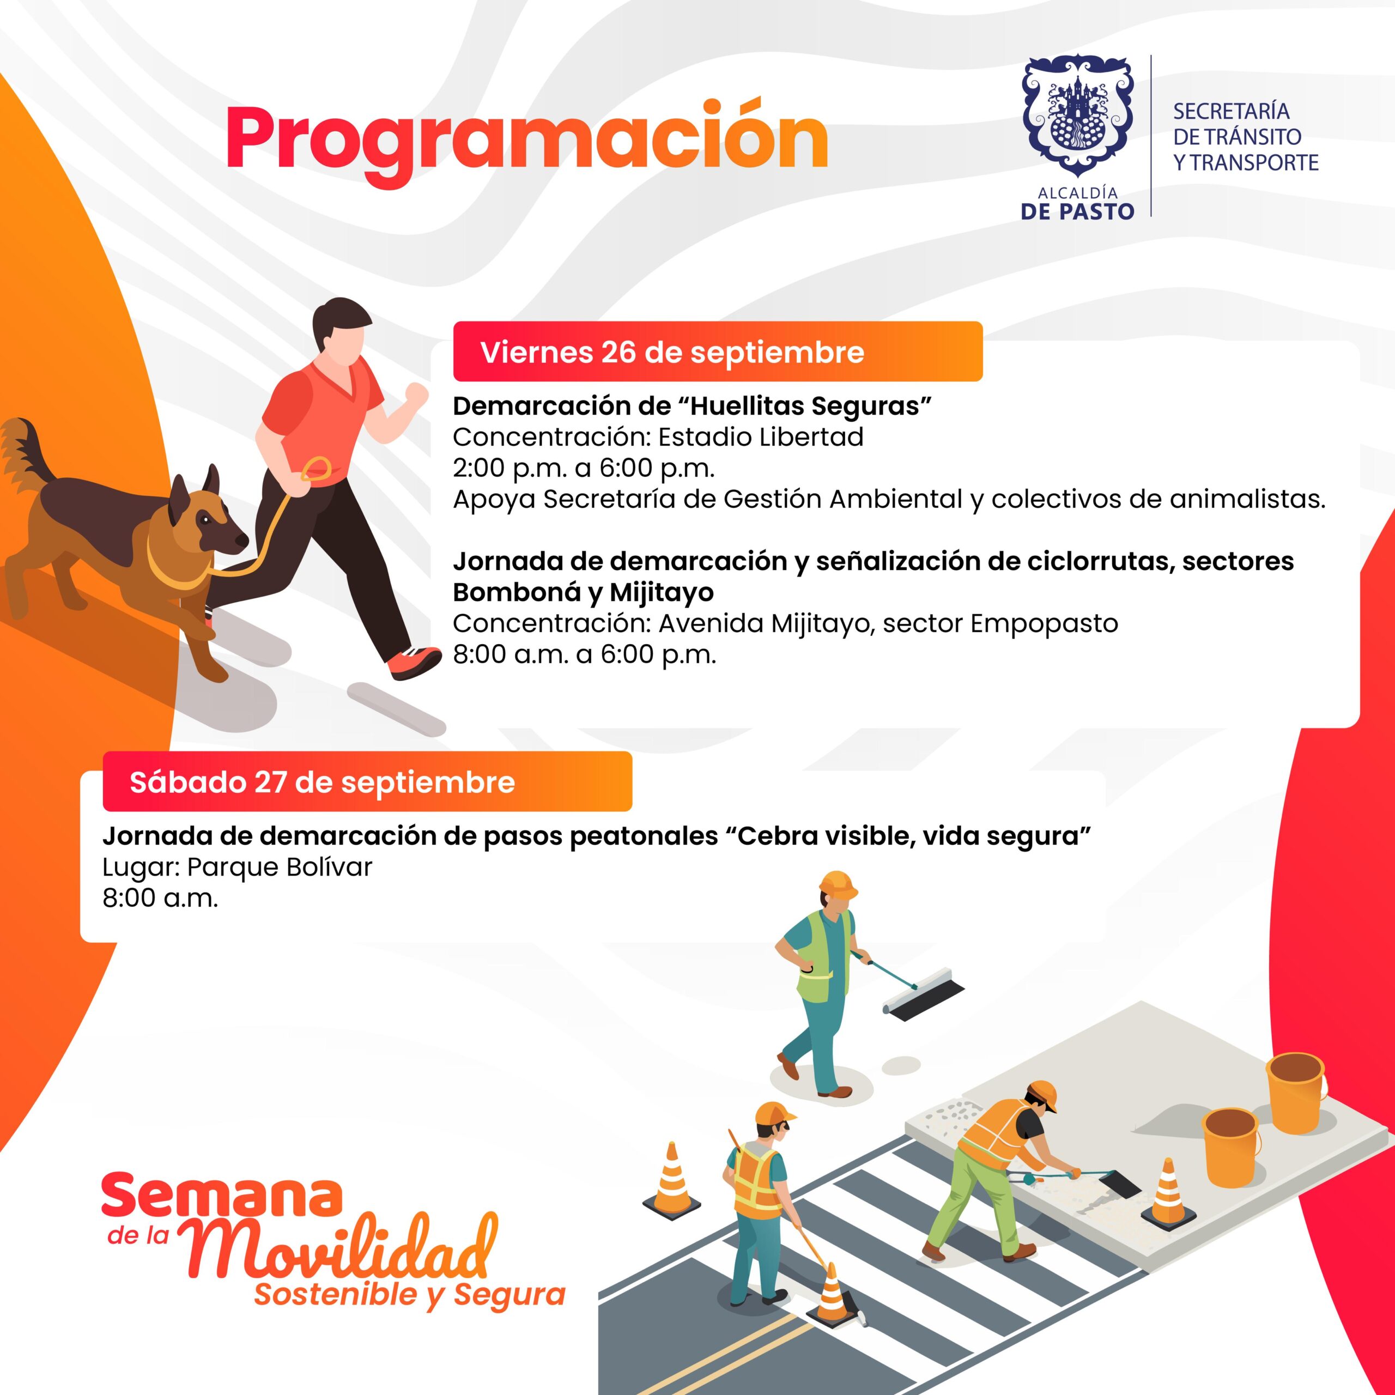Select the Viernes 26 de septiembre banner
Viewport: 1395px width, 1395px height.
pyautogui.click(x=718, y=351)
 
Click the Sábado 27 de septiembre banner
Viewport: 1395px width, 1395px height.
pyautogui.click(x=367, y=782)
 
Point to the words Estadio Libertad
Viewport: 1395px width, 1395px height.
pyautogui.click(x=761, y=437)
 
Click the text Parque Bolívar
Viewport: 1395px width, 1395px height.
pyautogui.click(x=280, y=866)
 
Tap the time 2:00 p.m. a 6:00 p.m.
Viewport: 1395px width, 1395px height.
pyautogui.click(x=584, y=469)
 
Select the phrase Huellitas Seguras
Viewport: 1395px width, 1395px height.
pyautogui.click(x=806, y=407)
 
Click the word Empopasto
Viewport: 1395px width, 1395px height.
pyautogui.click(x=1044, y=623)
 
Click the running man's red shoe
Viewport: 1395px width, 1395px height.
pyautogui.click(x=414, y=662)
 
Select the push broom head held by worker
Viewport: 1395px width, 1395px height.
pyautogui.click(x=925, y=1000)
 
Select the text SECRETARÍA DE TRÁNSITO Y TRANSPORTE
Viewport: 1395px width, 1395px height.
pyautogui.click(x=1246, y=136)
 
